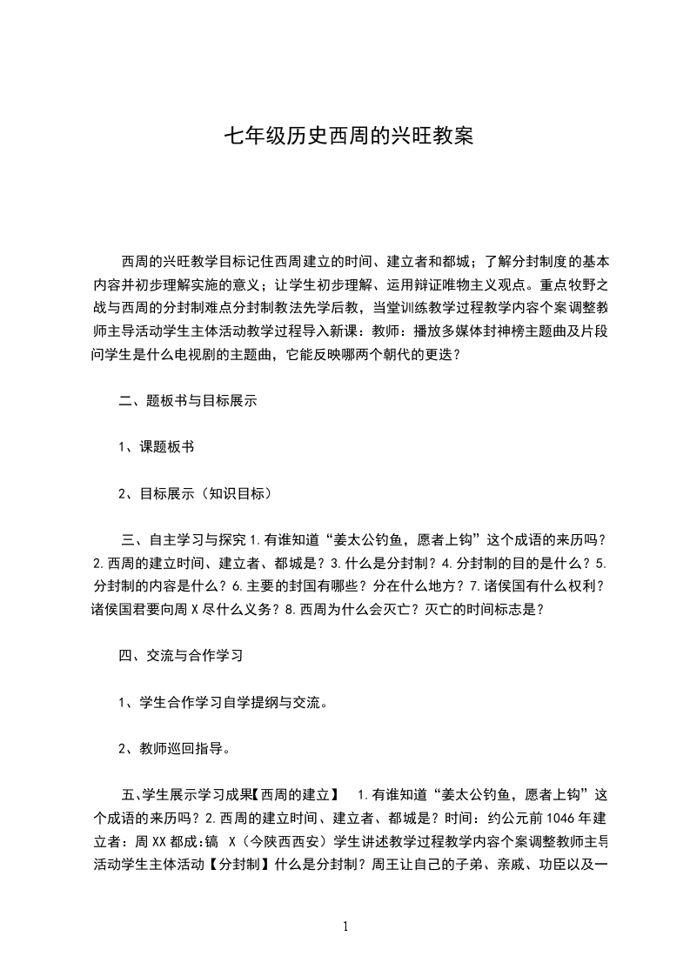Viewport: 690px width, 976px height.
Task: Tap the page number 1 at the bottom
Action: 345,926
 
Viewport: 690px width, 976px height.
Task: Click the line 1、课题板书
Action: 156,447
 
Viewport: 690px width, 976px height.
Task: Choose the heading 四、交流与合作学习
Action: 180,656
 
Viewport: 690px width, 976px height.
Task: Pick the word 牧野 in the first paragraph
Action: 586,284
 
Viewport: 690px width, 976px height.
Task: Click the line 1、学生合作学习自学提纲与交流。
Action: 222,702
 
